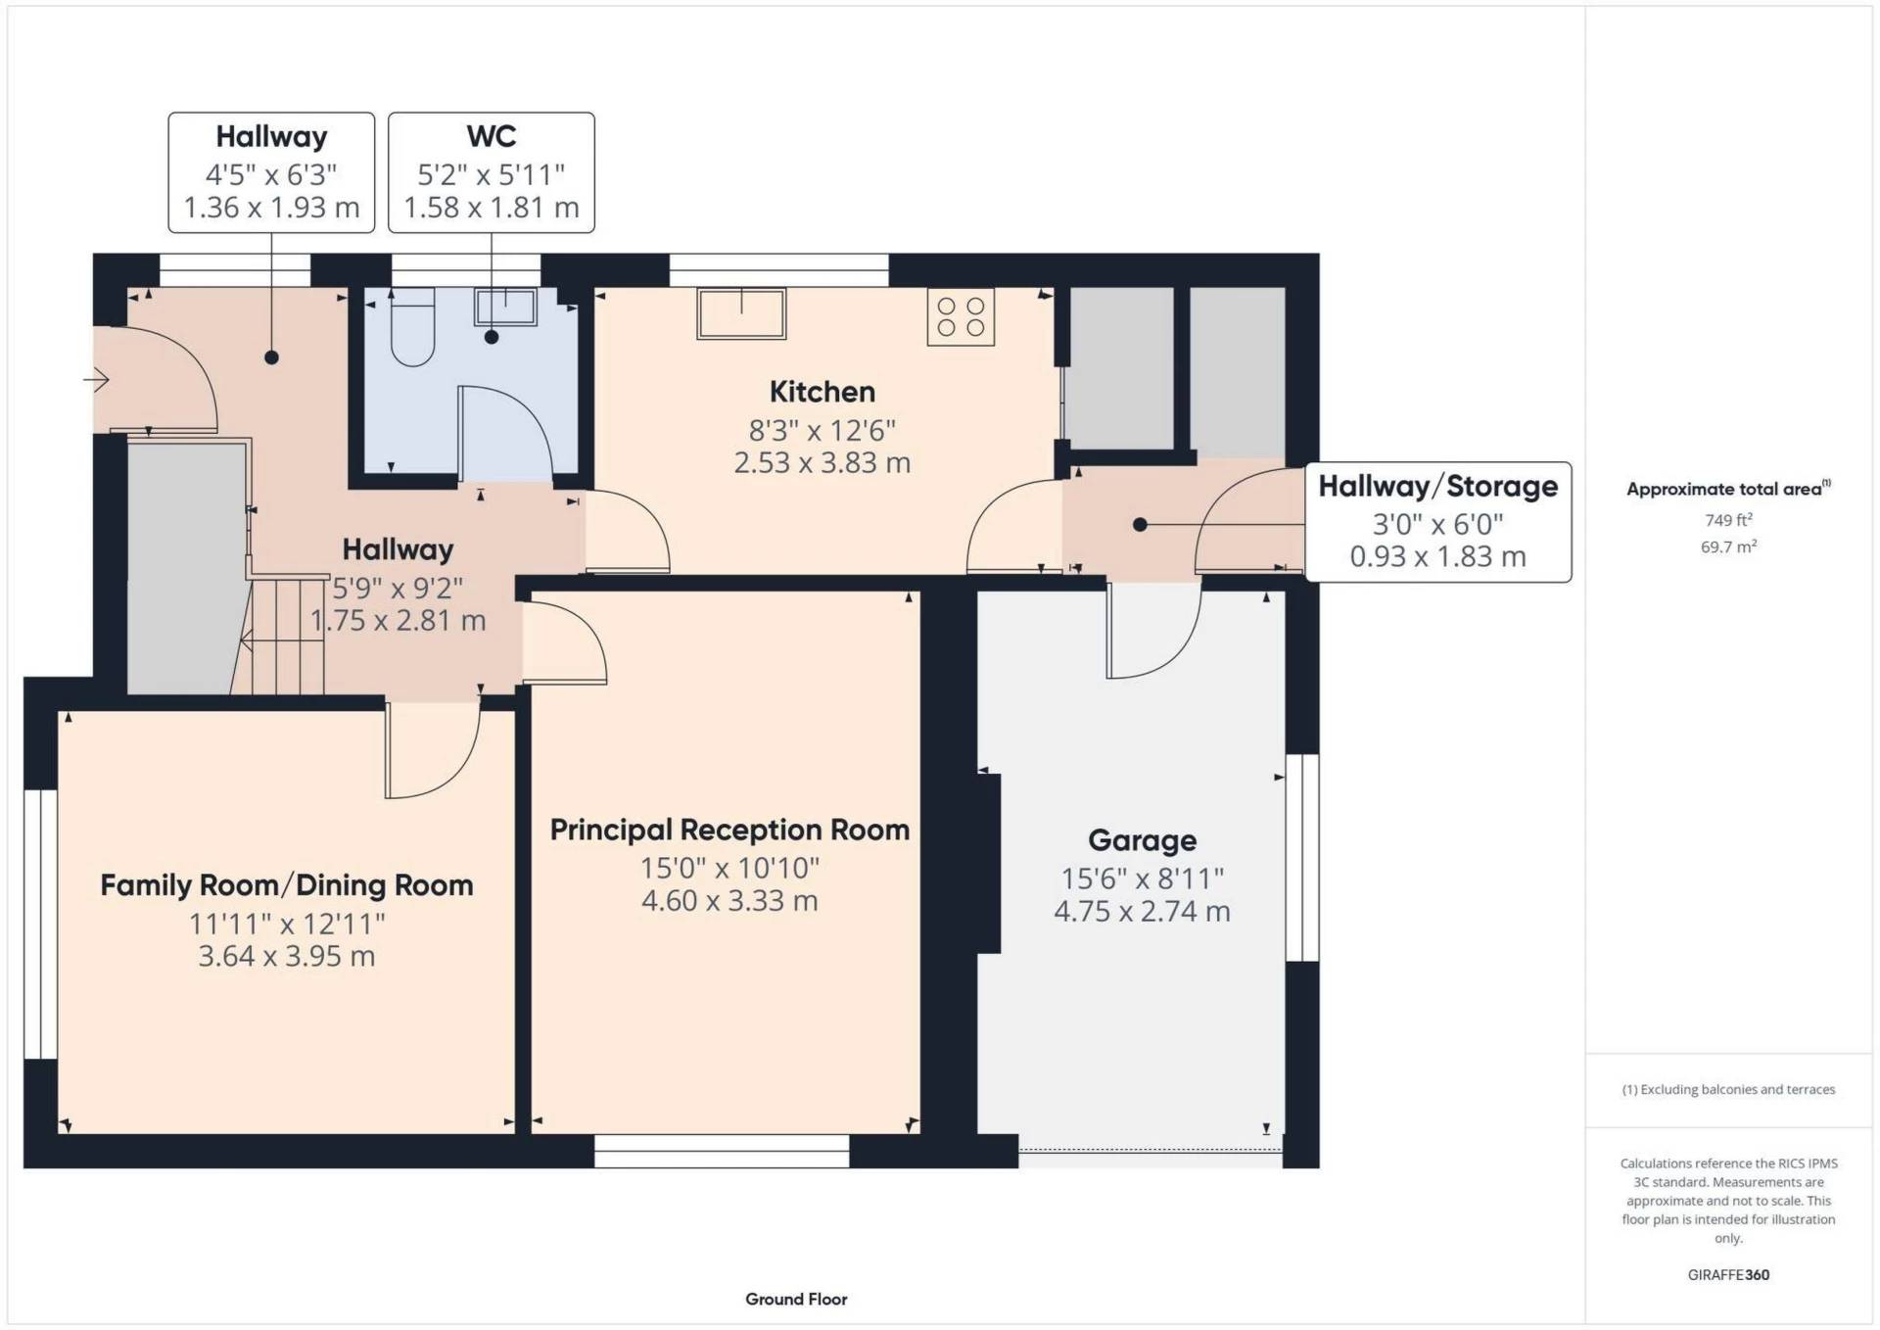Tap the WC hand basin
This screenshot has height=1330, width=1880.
point(505,307)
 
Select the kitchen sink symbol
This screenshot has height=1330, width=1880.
point(741,313)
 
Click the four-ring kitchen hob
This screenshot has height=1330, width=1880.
point(961,316)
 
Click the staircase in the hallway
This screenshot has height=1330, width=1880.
point(285,637)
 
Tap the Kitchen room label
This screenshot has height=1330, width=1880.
point(822,392)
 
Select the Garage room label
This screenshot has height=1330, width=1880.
point(1142,840)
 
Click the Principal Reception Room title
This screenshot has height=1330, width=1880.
point(729,830)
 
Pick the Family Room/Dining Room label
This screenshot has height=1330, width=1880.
point(287,885)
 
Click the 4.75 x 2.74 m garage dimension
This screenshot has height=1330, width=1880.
point(1142,912)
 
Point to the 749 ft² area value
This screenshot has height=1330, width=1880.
point(1728,520)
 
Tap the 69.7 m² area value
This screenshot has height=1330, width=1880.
point(1728,546)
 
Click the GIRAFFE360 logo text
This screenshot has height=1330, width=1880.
point(1728,1274)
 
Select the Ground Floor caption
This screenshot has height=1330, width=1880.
point(796,1299)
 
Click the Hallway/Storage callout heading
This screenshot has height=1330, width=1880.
point(1437,486)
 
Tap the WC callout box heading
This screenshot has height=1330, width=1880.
point(492,136)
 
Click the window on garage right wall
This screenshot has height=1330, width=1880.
point(1301,857)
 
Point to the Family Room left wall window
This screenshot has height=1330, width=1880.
point(41,924)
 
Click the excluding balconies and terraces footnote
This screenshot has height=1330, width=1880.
point(1728,1089)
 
